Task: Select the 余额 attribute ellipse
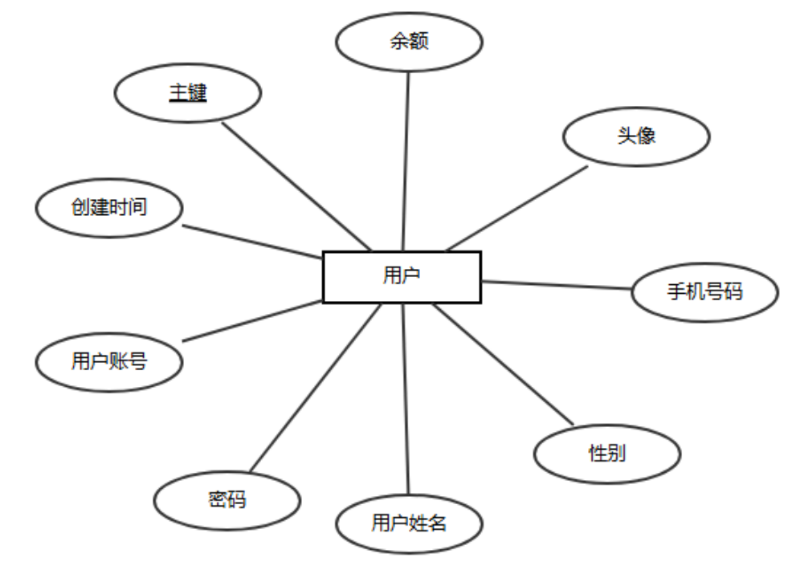point(409,42)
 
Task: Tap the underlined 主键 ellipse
point(188,94)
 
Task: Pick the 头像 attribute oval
point(636,136)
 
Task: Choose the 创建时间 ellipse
point(109,208)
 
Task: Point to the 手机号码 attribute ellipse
point(704,291)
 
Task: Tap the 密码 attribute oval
point(227,500)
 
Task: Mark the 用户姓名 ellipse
point(409,524)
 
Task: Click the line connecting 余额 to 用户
point(406,161)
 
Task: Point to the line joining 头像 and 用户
point(516,208)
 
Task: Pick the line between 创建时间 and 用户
point(252,242)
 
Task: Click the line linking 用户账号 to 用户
point(252,320)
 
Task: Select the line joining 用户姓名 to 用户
point(406,398)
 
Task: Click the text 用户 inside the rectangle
point(402,277)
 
